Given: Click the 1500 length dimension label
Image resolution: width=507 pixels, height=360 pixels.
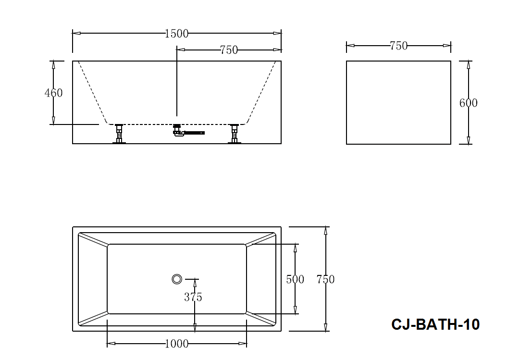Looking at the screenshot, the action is (176, 34).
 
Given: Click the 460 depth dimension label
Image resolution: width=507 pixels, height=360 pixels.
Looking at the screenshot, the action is (54, 93).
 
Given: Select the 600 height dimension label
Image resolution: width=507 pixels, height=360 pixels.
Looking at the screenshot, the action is (469, 103).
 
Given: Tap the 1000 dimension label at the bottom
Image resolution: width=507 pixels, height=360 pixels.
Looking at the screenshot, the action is (176, 344).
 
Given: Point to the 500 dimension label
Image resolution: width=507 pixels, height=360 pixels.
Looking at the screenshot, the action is (295, 279).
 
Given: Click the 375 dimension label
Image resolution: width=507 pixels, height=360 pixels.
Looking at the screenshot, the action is (193, 297).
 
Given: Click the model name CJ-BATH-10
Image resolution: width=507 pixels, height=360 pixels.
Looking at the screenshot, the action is (435, 324).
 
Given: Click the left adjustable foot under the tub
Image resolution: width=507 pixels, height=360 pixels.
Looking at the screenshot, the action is (119, 134).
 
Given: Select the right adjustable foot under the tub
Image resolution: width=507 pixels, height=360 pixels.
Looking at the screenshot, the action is (235, 134).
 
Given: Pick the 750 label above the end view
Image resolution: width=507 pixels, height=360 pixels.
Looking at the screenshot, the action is (398, 46).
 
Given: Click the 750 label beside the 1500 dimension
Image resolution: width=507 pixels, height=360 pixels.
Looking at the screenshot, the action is (229, 50).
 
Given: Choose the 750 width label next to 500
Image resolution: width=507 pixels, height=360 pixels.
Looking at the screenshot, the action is (326, 279).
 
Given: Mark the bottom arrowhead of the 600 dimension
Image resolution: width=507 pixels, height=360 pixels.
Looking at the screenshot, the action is (469, 140).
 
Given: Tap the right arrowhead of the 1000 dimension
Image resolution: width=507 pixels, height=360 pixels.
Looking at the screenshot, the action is (243, 344).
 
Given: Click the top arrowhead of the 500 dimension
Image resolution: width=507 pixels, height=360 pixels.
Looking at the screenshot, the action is (295, 248).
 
